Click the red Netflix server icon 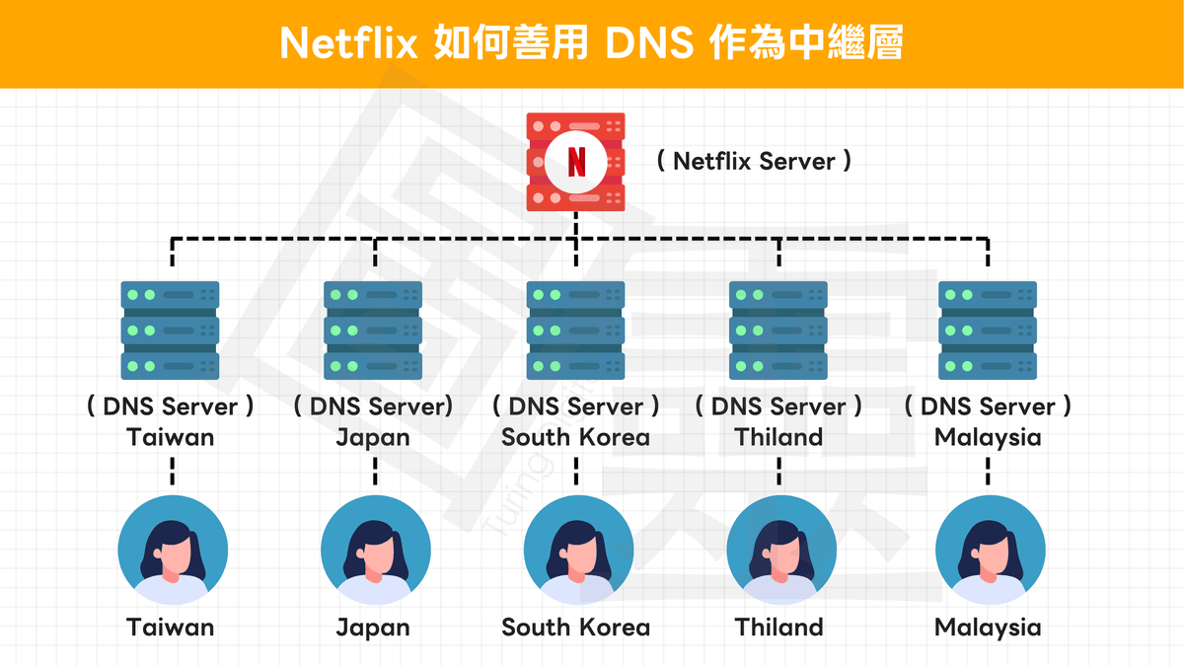coord(576,161)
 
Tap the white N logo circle coord(576,161)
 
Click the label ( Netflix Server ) coord(755,161)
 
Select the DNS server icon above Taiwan coord(171,330)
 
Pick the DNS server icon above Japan coord(373,330)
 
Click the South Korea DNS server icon coord(576,330)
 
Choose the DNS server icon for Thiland coord(778,330)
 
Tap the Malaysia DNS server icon coord(988,330)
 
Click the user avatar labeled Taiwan coord(173,550)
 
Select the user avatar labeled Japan coord(376,550)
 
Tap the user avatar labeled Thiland coord(780,550)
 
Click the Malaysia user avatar coord(990,550)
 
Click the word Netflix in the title coord(348,43)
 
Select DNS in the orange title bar coord(641,43)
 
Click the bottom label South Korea coord(576,628)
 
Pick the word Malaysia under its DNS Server coord(988,437)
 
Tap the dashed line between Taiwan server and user coord(172,471)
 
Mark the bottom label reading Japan coord(373,628)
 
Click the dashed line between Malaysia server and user coord(989,471)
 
